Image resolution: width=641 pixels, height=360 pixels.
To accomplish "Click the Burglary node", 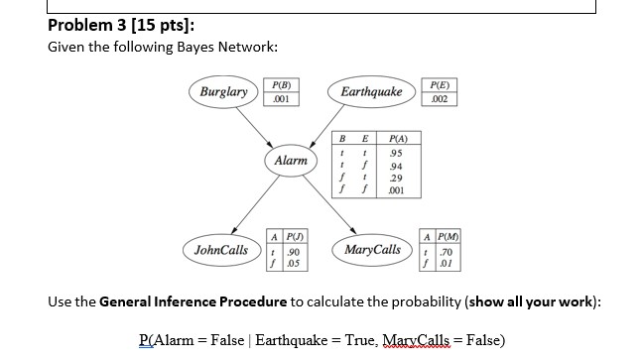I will [x=222, y=92].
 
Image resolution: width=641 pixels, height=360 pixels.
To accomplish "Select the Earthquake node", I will [x=372, y=92].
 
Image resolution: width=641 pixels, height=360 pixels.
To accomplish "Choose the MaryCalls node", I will [x=373, y=249].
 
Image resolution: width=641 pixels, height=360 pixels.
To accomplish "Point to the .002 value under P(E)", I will [x=439, y=100].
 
